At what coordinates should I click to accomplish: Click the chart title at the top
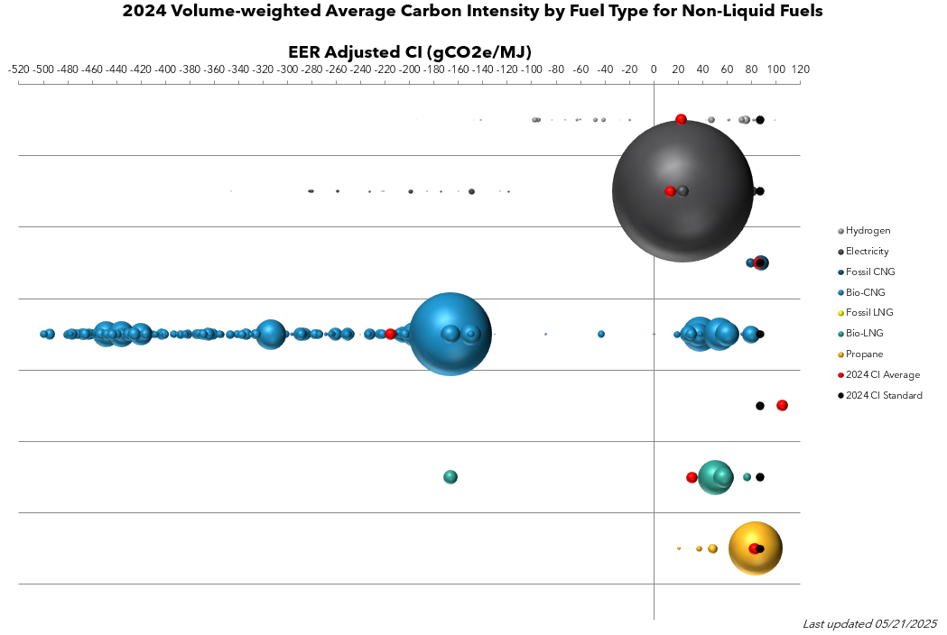(472, 12)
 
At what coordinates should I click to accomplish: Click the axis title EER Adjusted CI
(409, 51)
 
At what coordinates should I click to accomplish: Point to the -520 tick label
(18, 69)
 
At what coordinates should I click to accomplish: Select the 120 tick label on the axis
(801, 69)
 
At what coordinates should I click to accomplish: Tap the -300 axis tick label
(287, 69)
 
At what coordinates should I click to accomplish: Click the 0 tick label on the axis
(654, 69)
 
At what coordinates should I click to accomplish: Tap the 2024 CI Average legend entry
(882, 374)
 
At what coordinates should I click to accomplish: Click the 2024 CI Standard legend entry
(884, 395)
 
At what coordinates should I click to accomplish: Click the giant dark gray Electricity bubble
(682, 191)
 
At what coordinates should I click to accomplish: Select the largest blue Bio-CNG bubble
(450, 334)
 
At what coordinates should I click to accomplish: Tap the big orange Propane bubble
(755, 548)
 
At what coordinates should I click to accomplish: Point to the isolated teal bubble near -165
(450, 477)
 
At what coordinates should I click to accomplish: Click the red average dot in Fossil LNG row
(782, 405)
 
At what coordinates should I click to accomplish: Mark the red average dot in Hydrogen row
(681, 119)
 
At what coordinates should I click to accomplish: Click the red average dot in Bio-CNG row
(390, 334)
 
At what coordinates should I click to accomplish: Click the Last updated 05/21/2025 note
(869, 623)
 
